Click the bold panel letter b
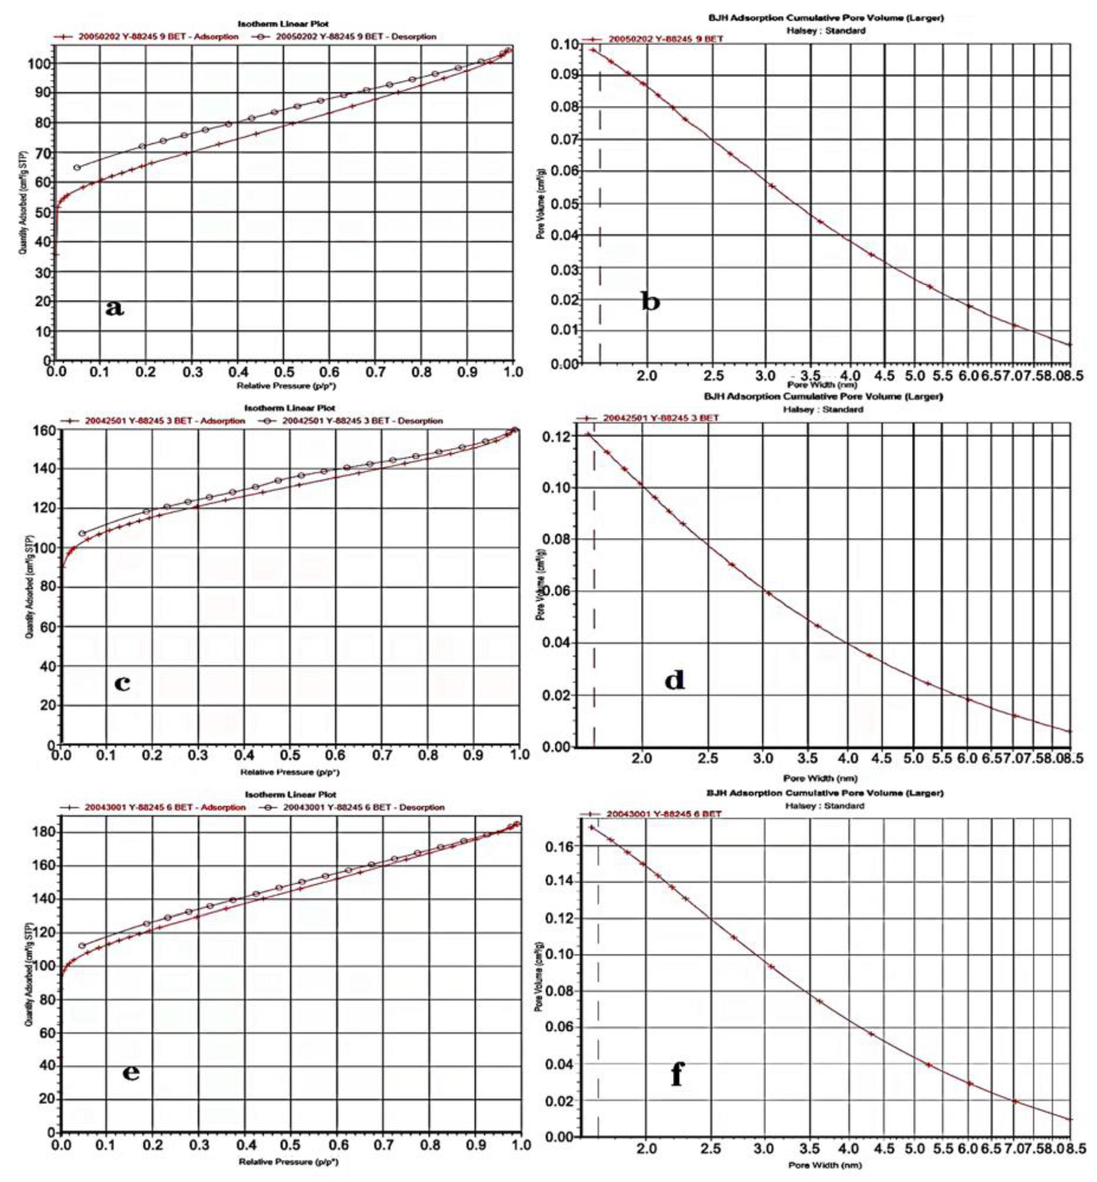coord(651,302)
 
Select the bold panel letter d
coord(674,680)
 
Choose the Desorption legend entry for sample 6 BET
coord(356,807)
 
